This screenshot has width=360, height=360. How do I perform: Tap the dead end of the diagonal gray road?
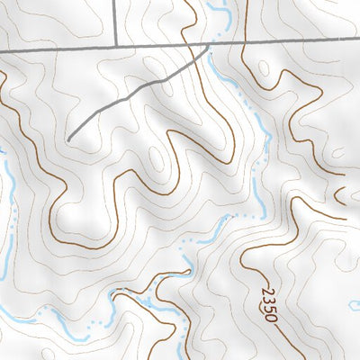[x=68, y=140]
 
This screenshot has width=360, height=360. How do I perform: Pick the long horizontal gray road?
[x=288, y=41]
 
